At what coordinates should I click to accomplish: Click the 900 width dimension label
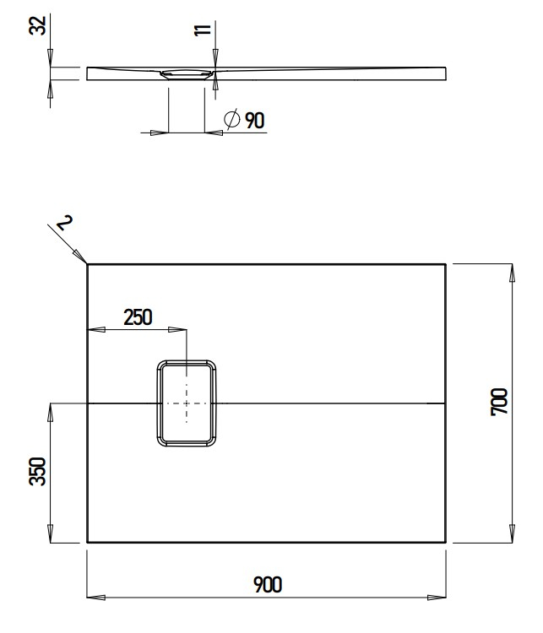(x=268, y=585)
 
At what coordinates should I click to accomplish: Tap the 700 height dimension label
(x=499, y=402)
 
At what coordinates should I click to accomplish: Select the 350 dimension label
(x=37, y=471)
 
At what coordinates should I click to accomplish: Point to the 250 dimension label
(x=138, y=317)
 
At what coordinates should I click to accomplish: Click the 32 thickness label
(x=37, y=25)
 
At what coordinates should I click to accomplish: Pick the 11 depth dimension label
(x=203, y=30)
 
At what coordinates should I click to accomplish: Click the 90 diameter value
(x=255, y=121)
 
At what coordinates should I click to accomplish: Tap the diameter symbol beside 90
(x=232, y=119)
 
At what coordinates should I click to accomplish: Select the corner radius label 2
(x=65, y=222)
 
